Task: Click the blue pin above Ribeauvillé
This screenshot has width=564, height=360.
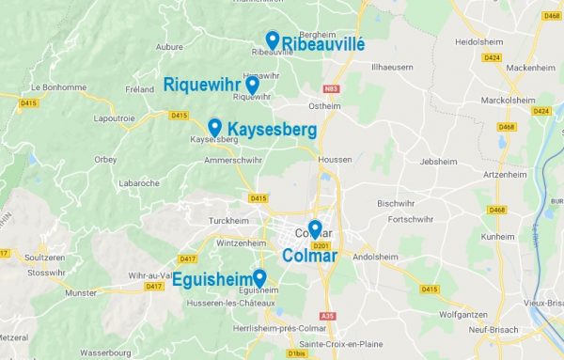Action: coord(272,39)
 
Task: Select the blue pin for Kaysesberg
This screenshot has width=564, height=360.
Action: coord(214,127)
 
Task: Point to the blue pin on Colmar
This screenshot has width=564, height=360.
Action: coord(315,228)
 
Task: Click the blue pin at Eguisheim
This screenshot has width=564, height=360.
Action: coord(258,277)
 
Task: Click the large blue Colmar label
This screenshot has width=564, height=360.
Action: coord(310,256)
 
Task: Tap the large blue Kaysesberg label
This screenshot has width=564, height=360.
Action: coord(272,129)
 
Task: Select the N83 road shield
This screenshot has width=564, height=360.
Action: coord(330,89)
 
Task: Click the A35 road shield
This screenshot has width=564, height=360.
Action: coord(327,316)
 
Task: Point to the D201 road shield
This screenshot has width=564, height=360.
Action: coord(321,246)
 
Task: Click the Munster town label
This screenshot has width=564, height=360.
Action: coord(81,293)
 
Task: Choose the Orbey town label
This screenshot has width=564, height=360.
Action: coord(105,159)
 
